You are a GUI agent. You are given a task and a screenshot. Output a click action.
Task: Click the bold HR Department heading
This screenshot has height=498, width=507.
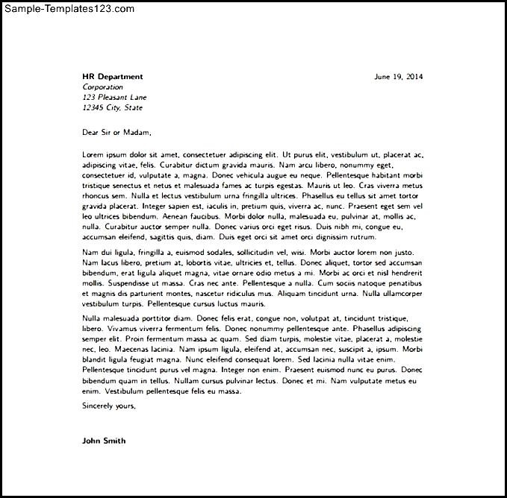(x=112, y=77)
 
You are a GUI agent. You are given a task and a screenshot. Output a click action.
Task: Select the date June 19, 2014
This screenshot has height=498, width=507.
(x=397, y=77)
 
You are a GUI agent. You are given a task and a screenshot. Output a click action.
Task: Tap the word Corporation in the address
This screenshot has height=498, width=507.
(x=102, y=87)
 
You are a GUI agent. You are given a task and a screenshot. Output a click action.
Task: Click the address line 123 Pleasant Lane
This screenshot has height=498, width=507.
(x=114, y=98)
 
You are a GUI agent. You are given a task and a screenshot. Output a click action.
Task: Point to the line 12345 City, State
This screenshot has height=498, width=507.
(x=112, y=108)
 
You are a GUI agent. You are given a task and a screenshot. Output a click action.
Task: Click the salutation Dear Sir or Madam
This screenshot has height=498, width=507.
(x=116, y=133)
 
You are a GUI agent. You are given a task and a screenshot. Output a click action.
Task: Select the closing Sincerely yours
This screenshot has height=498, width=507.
(x=109, y=406)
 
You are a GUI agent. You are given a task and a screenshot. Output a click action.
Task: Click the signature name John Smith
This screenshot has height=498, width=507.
(x=104, y=441)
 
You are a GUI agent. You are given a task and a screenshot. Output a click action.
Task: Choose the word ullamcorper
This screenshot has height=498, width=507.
(x=396, y=294)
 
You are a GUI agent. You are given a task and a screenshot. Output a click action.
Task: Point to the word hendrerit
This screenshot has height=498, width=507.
(x=404, y=274)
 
